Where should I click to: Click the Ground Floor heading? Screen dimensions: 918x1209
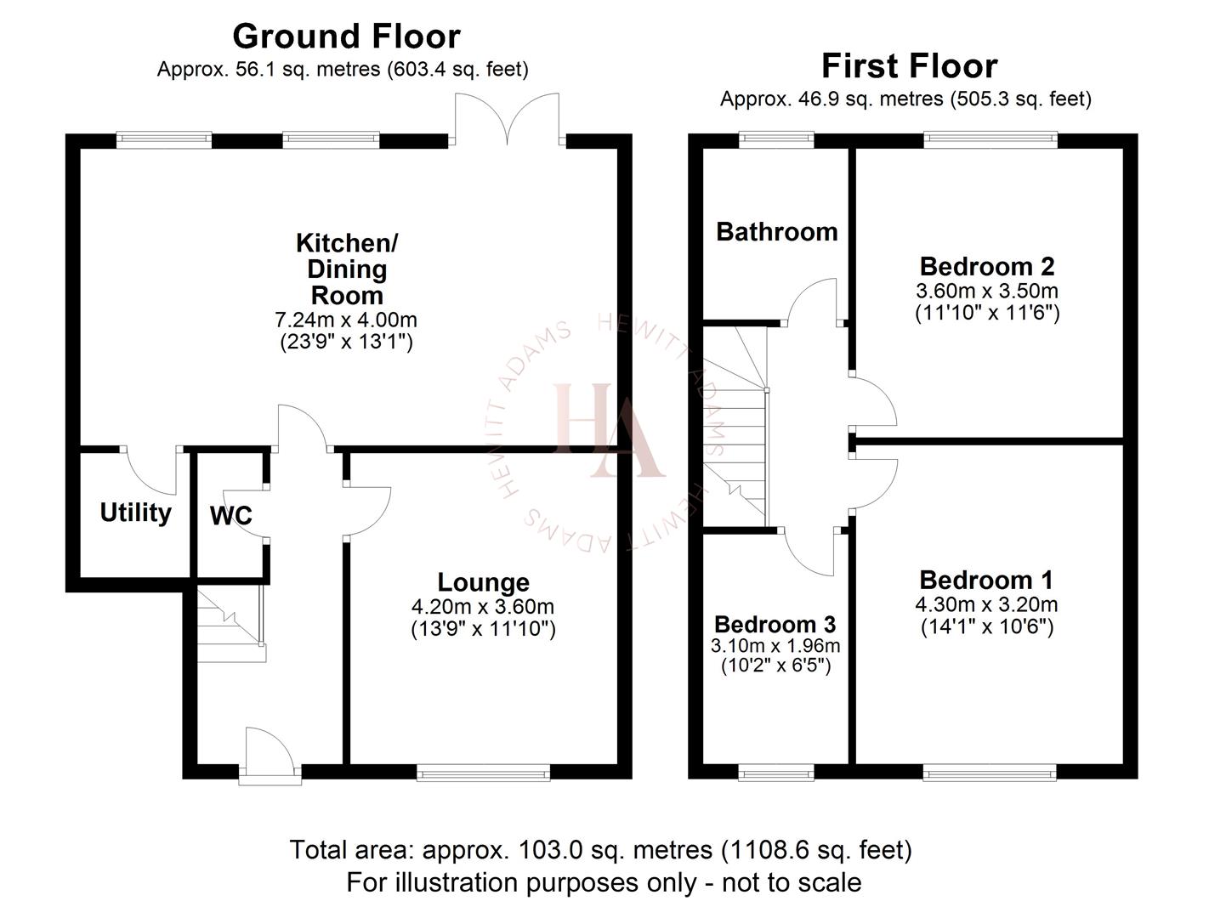346,37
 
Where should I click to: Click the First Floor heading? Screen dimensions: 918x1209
909,66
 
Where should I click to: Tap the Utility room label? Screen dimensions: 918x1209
135,513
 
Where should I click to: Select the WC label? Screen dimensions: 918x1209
230,516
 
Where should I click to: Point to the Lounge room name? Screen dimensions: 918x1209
483,582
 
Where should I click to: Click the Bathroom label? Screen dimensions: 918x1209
776,231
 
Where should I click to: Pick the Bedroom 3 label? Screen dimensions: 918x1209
775,625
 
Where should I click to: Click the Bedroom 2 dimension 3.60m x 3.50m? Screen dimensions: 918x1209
986,291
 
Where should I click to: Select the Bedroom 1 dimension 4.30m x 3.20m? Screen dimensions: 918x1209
986,604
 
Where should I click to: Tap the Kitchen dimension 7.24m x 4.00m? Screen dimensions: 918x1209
346,320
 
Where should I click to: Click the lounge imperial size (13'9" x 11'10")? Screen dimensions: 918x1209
483,630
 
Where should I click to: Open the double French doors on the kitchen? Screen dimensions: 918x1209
508,119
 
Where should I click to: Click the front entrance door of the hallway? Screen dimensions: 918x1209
270,752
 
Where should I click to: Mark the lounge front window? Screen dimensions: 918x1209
483,772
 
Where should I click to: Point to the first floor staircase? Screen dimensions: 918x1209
735,425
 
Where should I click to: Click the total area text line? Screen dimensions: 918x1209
600,849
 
